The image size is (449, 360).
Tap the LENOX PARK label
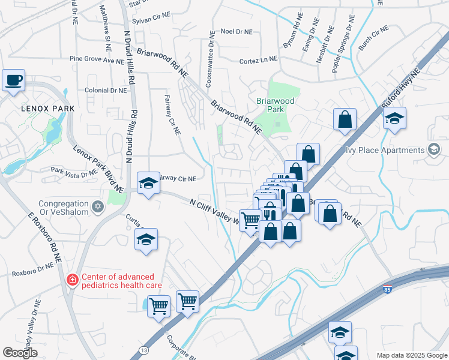48,109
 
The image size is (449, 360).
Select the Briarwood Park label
276,106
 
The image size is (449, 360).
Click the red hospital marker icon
72,280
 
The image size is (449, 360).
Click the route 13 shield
143,349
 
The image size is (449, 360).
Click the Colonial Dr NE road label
106,90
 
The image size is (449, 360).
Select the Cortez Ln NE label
259,59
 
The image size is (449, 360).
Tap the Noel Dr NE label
237,31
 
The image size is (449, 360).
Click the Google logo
20,353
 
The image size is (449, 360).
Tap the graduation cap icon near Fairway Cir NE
147,184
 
